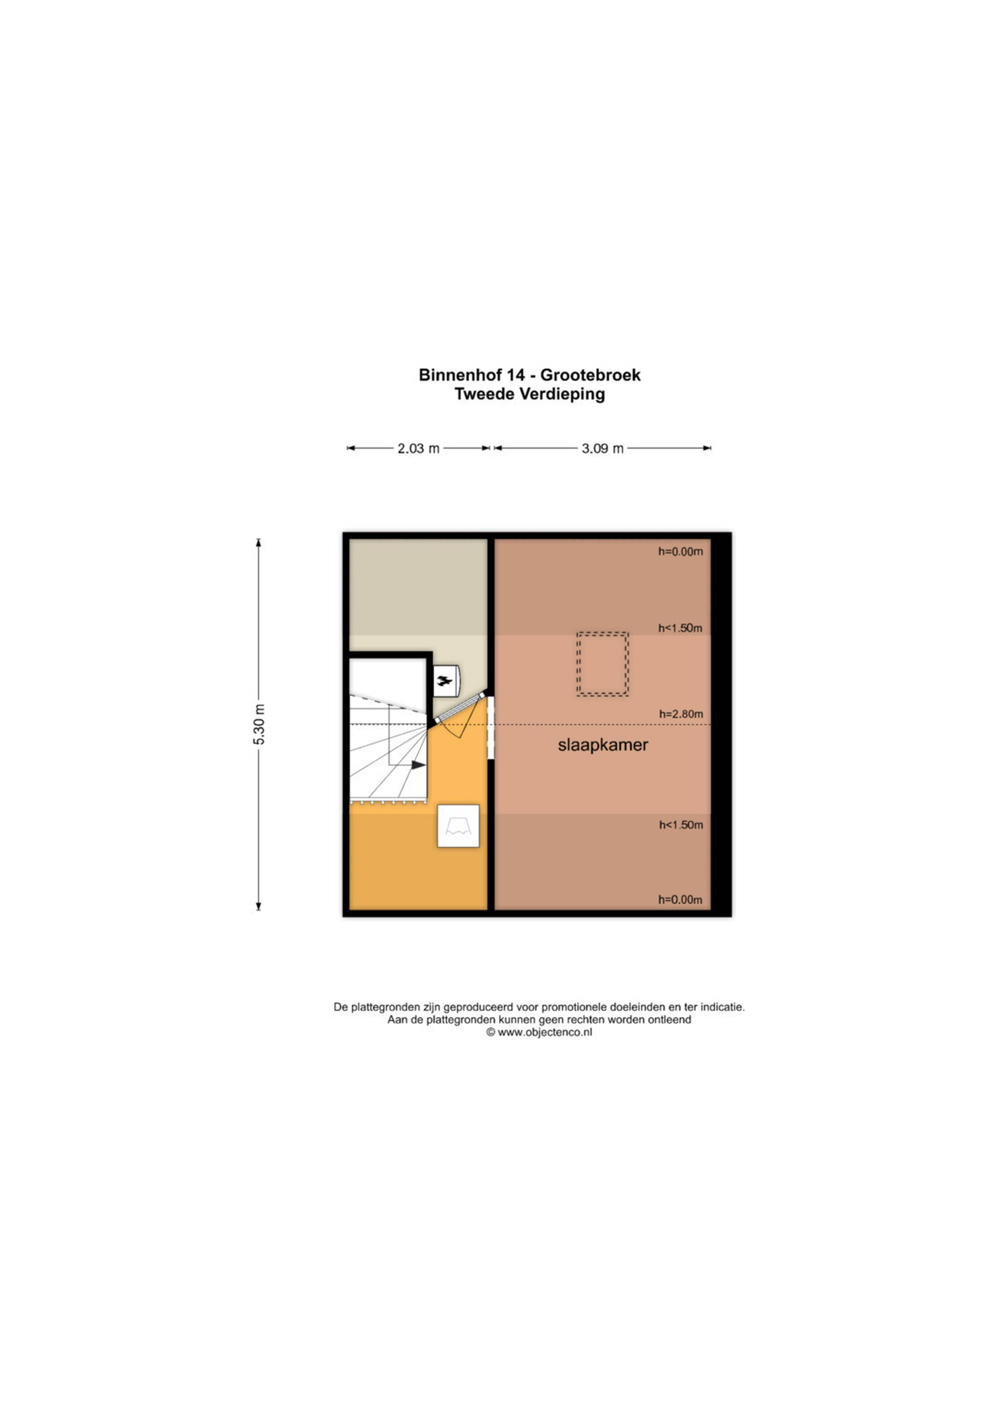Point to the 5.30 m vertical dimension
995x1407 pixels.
(x=259, y=724)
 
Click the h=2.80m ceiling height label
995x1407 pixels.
(x=681, y=714)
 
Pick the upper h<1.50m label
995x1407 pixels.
(x=680, y=628)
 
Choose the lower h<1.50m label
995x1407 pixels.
(x=681, y=825)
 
